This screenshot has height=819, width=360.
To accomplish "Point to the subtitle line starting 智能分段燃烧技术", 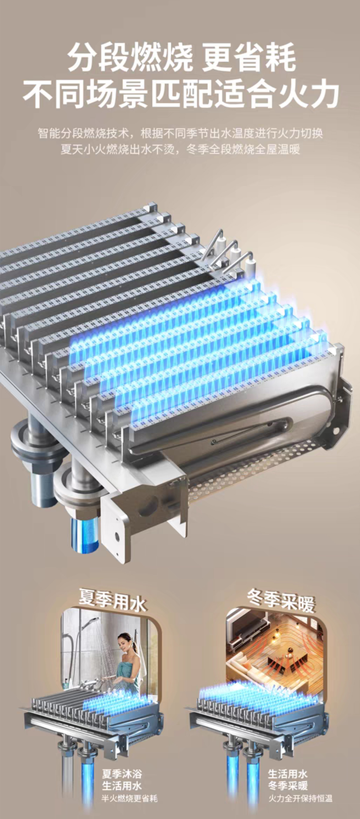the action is pos(180,133).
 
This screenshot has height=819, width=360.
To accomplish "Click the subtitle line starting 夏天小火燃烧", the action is pos(180,149).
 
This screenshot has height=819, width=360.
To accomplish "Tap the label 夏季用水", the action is pos(113,600).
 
